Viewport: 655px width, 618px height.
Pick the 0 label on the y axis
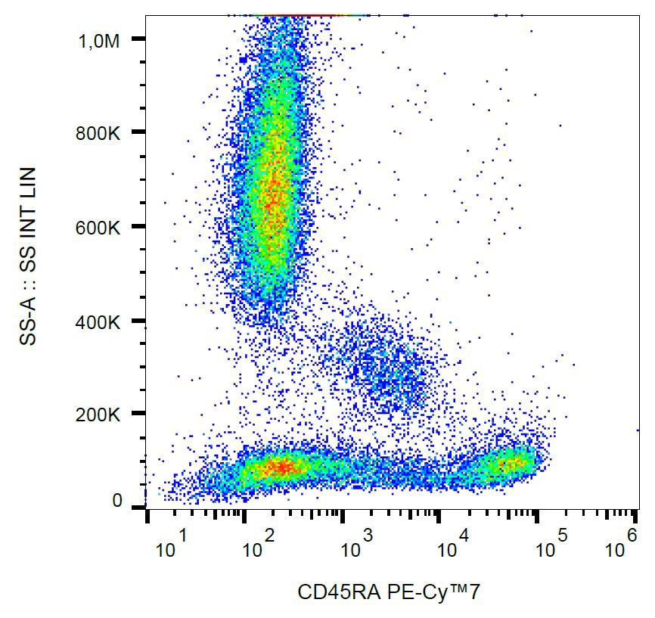(117, 501)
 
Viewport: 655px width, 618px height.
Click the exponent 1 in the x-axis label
(182, 536)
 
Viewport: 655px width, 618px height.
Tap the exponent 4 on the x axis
(464, 536)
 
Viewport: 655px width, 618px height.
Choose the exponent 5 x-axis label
(562, 536)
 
